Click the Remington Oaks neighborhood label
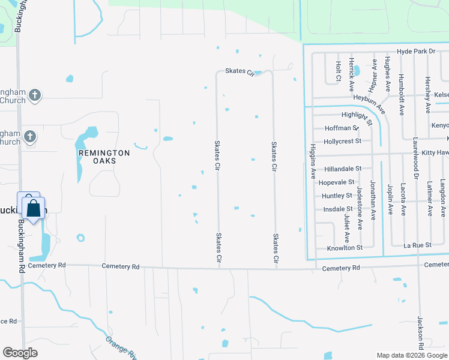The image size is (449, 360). (x=104, y=157)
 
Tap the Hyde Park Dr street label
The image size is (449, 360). (x=416, y=52)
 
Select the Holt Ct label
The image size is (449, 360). (x=339, y=71)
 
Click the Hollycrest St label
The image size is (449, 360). (x=342, y=141)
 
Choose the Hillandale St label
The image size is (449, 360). (x=343, y=170)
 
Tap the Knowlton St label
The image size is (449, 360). (x=345, y=248)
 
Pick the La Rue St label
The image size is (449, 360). (x=417, y=245)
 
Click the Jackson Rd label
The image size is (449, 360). (x=421, y=333)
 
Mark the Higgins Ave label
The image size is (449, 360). (x=313, y=161)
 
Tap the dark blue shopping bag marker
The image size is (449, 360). (x=34, y=209)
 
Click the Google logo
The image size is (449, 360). (x=20, y=353)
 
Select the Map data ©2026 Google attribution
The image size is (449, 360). (x=411, y=355)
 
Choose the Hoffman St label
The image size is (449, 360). (x=341, y=128)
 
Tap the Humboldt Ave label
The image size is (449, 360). (x=401, y=94)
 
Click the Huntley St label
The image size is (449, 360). (x=337, y=196)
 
